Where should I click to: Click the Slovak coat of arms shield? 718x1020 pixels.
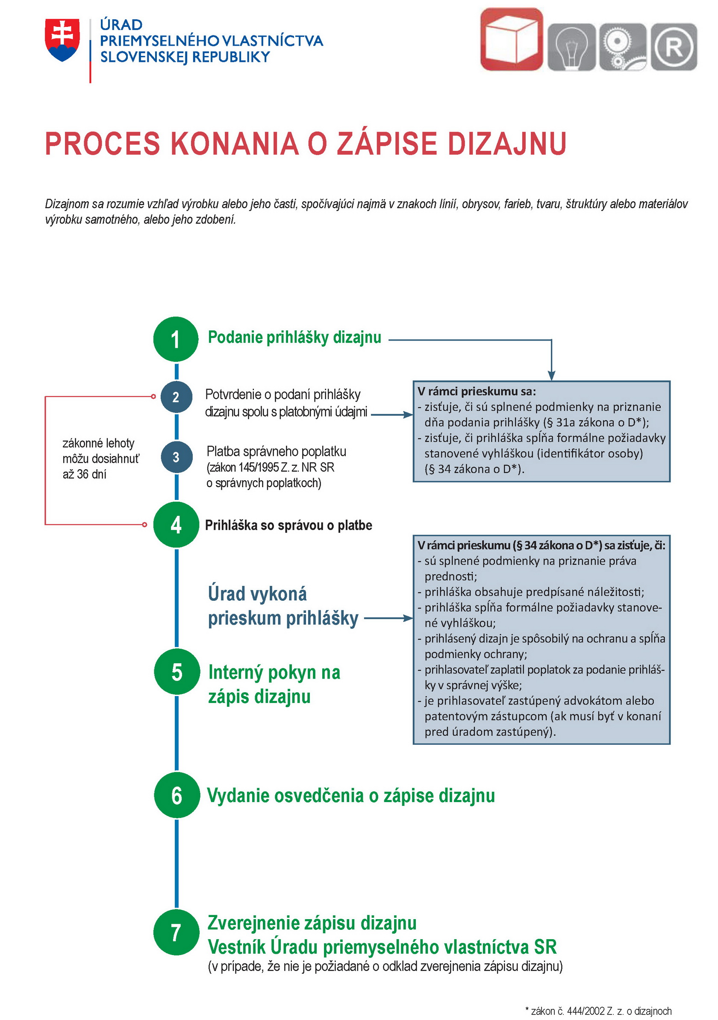[62, 40]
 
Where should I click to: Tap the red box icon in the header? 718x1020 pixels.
[512, 39]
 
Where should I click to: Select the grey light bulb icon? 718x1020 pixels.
[571, 47]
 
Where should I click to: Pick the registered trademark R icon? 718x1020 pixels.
[674, 47]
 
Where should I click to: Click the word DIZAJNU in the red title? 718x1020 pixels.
[506, 144]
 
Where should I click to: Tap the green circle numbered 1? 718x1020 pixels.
[176, 339]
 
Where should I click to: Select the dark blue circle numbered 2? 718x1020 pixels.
[176, 397]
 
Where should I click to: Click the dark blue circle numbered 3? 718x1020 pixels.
[176, 457]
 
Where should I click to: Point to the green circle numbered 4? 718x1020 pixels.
[176, 525]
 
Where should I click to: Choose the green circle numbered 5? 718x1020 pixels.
[177, 672]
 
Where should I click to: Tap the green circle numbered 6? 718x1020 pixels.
[177, 795]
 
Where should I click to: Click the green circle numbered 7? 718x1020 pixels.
[176, 932]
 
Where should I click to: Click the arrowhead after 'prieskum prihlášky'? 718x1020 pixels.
[408, 618]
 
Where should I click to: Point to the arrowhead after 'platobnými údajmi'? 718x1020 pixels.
[408, 414]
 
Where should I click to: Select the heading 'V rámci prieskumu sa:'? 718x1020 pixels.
[477, 391]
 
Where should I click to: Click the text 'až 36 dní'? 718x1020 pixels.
[85, 474]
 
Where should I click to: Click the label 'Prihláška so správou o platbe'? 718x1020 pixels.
[288, 525]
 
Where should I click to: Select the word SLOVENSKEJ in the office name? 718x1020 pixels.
[144, 57]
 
